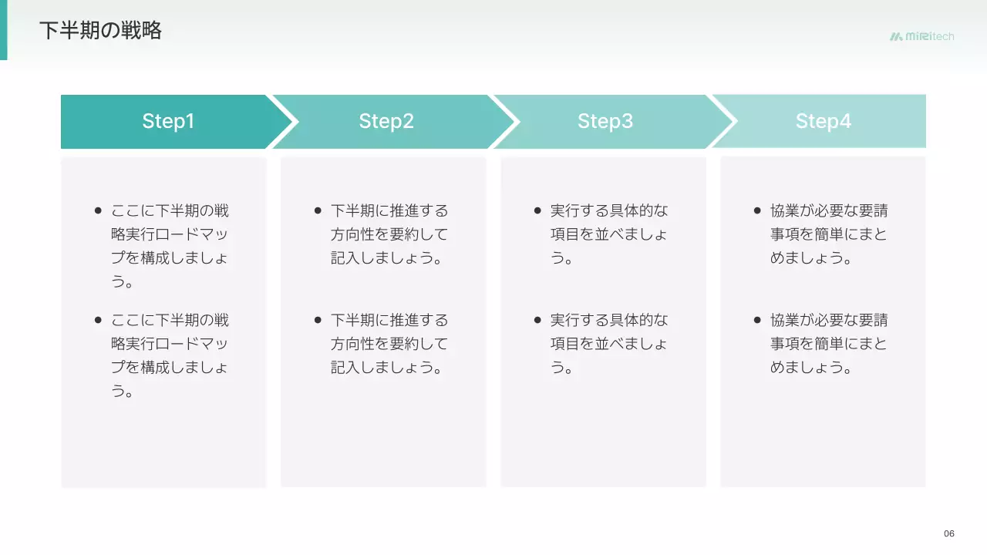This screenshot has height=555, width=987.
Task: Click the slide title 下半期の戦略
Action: click(100, 31)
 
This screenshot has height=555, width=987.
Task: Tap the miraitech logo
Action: click(921, 36)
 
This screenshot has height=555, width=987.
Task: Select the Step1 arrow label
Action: click(168, 121)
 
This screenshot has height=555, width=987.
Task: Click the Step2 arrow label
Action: click(386, 121)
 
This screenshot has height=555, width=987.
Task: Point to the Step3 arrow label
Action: click(605, 121)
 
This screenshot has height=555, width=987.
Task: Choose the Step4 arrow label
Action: click(824, 121)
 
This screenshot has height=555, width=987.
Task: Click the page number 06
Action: click(949, 534)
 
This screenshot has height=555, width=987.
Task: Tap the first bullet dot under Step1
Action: click(98, 210)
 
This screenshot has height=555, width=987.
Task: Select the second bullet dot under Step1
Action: click(98, 320)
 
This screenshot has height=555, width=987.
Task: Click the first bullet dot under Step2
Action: click(318, 210)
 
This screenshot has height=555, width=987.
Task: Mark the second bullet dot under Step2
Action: click(318, 320)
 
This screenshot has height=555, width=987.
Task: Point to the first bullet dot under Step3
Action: click(537, 210)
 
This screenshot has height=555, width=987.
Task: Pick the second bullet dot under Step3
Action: click(537, 320)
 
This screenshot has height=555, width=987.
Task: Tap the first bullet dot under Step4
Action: click(757, 210)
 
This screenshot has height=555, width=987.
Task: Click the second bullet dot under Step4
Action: click(757, 320)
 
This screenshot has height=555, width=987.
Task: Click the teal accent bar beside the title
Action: click(3, 30)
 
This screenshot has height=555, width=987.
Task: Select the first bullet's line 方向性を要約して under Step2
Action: click(389, 234)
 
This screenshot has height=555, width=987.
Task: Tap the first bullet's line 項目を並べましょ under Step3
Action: click(609, 234)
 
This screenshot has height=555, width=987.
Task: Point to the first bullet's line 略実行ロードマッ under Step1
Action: click(170, 234)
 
